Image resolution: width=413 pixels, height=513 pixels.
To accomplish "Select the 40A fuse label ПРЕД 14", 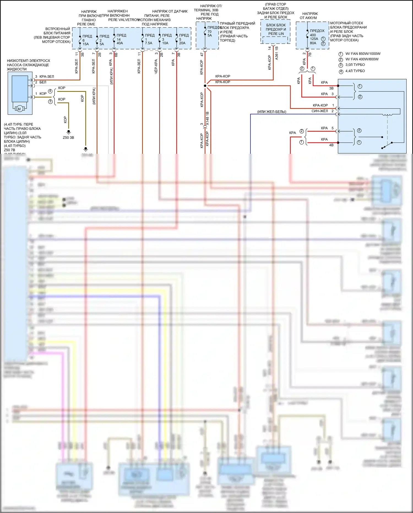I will [121, 39].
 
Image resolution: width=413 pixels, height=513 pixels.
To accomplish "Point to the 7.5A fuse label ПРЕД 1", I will [150, 39].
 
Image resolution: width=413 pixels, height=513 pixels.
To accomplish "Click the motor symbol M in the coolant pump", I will [19, 109].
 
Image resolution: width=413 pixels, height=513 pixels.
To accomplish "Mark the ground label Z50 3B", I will [68, 138].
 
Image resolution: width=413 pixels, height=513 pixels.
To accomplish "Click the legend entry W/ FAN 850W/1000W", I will [363, 54].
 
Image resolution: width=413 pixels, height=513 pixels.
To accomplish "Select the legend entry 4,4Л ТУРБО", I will [355, 71].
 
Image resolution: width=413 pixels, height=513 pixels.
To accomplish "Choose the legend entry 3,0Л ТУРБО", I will [355, 65].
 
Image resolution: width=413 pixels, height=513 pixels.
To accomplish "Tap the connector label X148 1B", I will [207, 119].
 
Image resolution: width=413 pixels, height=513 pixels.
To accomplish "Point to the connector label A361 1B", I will [276, 53].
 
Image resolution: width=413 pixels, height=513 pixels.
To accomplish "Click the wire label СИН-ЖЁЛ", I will [320, 111].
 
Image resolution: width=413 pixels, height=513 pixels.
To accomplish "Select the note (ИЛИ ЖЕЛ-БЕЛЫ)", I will [272, 112].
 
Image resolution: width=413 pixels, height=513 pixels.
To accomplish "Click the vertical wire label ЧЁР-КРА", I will [156, 66].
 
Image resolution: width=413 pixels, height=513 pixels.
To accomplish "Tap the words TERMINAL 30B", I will [206, 10].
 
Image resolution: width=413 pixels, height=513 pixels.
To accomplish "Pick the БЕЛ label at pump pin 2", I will [43, 82].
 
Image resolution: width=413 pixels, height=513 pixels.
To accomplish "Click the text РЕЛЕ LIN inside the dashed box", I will [276, 34].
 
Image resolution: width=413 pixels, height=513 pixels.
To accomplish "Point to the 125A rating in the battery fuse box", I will [314, 39].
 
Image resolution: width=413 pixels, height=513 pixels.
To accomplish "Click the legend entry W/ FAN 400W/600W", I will [362, 59].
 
